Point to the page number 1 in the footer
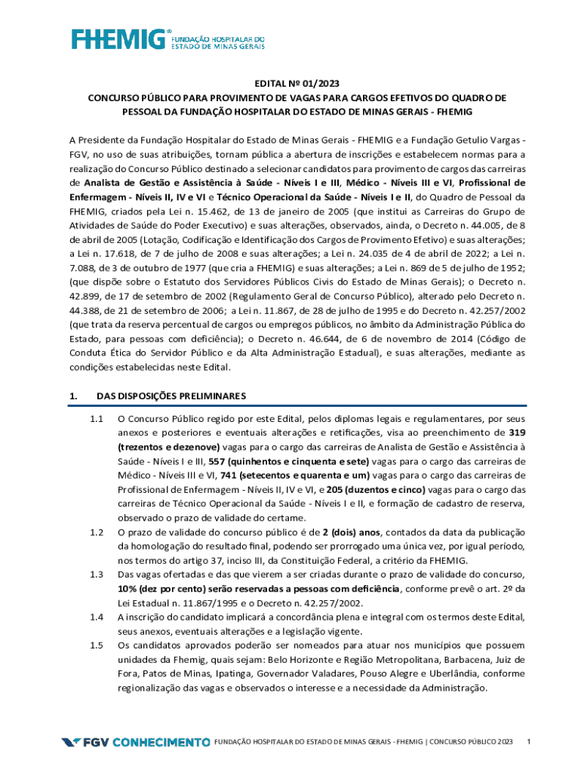529,742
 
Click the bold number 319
518,433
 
